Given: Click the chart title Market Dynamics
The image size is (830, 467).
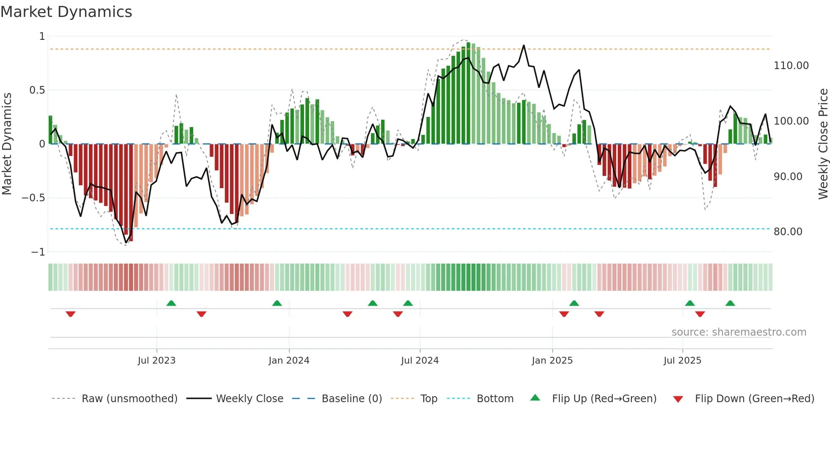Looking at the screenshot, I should click(66, 12).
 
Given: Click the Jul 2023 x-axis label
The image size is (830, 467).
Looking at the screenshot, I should click(156, 360).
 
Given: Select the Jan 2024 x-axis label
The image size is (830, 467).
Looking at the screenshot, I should click(289, 360).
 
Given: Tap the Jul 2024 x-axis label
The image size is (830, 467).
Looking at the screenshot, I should click(420, 360).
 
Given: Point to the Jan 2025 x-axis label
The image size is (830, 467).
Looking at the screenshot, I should click(552, 360).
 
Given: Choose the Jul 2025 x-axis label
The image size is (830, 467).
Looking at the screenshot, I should click(682, 360).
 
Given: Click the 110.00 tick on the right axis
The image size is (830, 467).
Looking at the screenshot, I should click(791, 66).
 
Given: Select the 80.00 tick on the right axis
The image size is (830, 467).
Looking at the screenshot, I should click(788, 232).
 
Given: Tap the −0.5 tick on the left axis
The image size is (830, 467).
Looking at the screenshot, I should click(33, 198).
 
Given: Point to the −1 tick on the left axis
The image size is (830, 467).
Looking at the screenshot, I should click(38, 252).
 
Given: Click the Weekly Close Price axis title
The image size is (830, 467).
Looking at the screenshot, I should click(823, 144).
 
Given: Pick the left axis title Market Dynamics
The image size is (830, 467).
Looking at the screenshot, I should click(7, 144).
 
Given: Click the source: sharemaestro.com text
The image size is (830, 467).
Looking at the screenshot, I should click(739, 332).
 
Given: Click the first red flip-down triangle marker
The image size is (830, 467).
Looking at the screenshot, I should click(71, 314).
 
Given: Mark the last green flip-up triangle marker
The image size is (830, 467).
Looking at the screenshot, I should click(730, 303).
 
